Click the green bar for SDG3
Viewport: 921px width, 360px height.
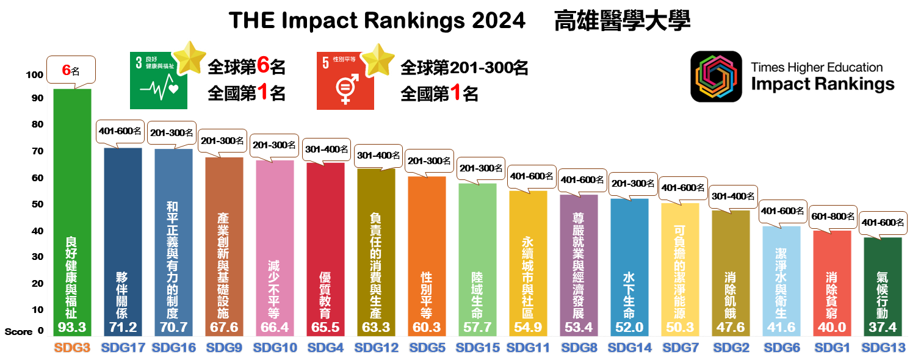72,183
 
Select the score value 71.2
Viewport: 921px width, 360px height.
123,328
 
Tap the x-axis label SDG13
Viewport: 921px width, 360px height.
883,348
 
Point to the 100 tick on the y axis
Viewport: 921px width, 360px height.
34,74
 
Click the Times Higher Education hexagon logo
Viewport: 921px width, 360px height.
715,76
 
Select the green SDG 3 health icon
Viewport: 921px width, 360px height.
158,81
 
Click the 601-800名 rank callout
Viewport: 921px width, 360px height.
832,217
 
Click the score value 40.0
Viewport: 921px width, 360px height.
832,328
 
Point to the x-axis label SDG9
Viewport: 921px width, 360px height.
224,348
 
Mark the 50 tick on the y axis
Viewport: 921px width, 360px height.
37,204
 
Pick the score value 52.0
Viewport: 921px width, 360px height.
629,328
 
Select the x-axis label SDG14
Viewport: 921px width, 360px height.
629,348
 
